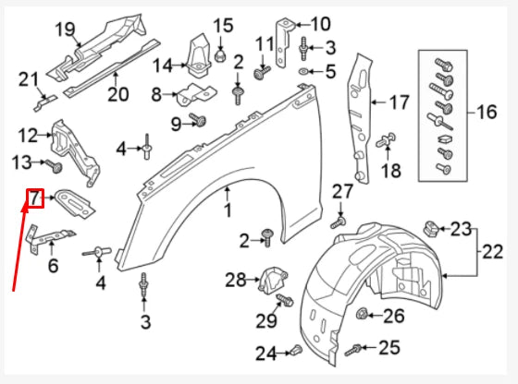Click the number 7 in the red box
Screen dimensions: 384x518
[34, 198]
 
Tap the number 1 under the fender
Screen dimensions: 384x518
[227, 212]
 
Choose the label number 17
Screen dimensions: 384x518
[399, 102]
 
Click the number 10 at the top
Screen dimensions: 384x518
[319, 23]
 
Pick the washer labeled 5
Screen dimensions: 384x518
[305, 71]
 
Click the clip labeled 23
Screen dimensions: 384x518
[429, 227]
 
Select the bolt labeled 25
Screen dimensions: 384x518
[354, 349]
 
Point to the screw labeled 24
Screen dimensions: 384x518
[294, 350]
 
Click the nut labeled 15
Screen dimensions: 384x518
[221, 55]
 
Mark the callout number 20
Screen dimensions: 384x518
[117, 93]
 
